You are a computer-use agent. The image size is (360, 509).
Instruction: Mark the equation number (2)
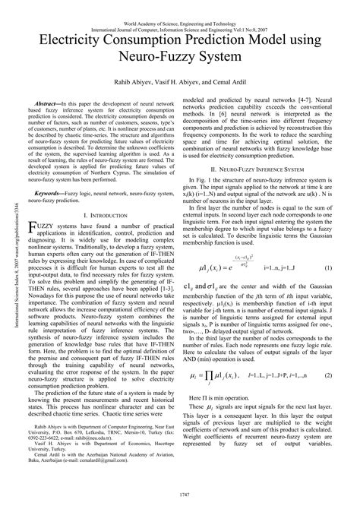point(327,354)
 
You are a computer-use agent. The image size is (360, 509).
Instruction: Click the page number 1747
point(179,494)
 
